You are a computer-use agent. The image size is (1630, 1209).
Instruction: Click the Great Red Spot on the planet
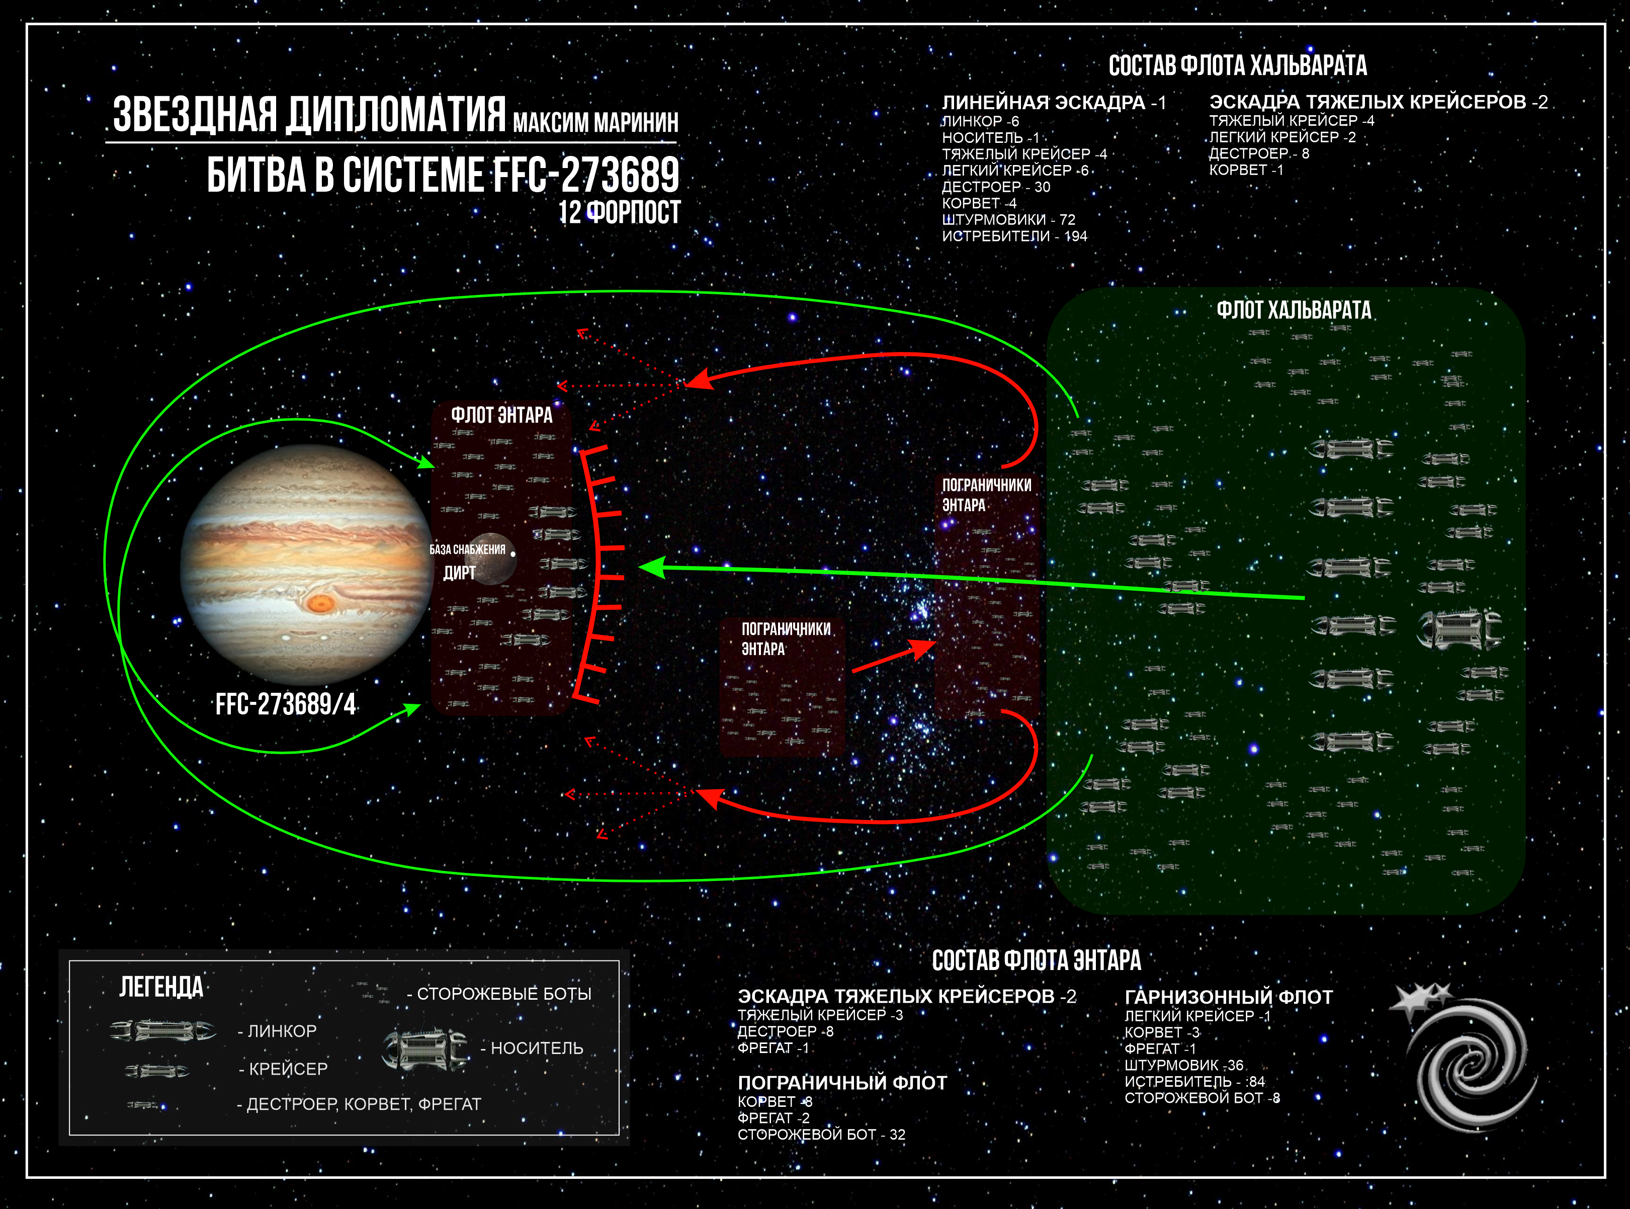pyautogui.click(x=320, y=603)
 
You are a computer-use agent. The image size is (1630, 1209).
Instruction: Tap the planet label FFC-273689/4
pyautogui.click(x=285, y=704)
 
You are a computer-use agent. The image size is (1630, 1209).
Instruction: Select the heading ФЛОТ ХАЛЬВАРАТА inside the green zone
pyautogui.click(x=1294, y=310)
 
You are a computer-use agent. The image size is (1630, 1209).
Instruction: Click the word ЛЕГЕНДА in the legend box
pyautogui.click(x=161, y=987)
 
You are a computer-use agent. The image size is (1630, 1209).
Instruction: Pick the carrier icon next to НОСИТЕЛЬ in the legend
pyautogui.click(x=424, y=1048)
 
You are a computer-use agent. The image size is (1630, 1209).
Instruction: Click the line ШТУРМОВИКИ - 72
pyautogui.click(x=1008, y=219)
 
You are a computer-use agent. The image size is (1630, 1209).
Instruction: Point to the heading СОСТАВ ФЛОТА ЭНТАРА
pyautogui.click(x=1036, y=960)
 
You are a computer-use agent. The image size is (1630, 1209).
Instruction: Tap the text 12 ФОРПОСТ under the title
pyautogui.click(x=619, y=212)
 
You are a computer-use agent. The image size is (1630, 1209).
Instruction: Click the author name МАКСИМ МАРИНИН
pyautogui.click(x=595, y=122)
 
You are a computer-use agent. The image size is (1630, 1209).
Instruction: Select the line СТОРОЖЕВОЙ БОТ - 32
pyautogui.click(x=821, y=1135)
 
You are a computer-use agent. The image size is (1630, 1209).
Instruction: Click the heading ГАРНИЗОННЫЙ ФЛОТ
pyautogui.click(x=1228, y=997)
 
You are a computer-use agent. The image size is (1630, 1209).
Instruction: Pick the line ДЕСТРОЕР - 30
pyautogui.click(x=996, y=187)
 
